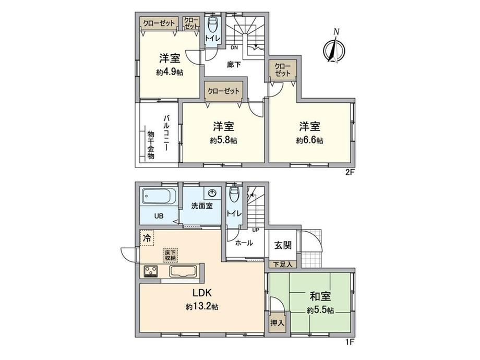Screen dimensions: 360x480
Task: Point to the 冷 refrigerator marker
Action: pyautogui.click(x=148, y=237)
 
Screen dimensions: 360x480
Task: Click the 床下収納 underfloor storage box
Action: pyautogui.click(x=171, y=255)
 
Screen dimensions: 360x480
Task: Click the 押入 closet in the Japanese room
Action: pyautogui.click(x=277, y=322)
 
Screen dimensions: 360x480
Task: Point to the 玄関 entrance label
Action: pyautogui.click(x=283, y=245)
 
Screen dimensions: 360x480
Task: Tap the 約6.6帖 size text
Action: pyautogui.click(x=310, y=140)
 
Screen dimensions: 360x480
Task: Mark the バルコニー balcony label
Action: pyautogui.click(x=167, y=134)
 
